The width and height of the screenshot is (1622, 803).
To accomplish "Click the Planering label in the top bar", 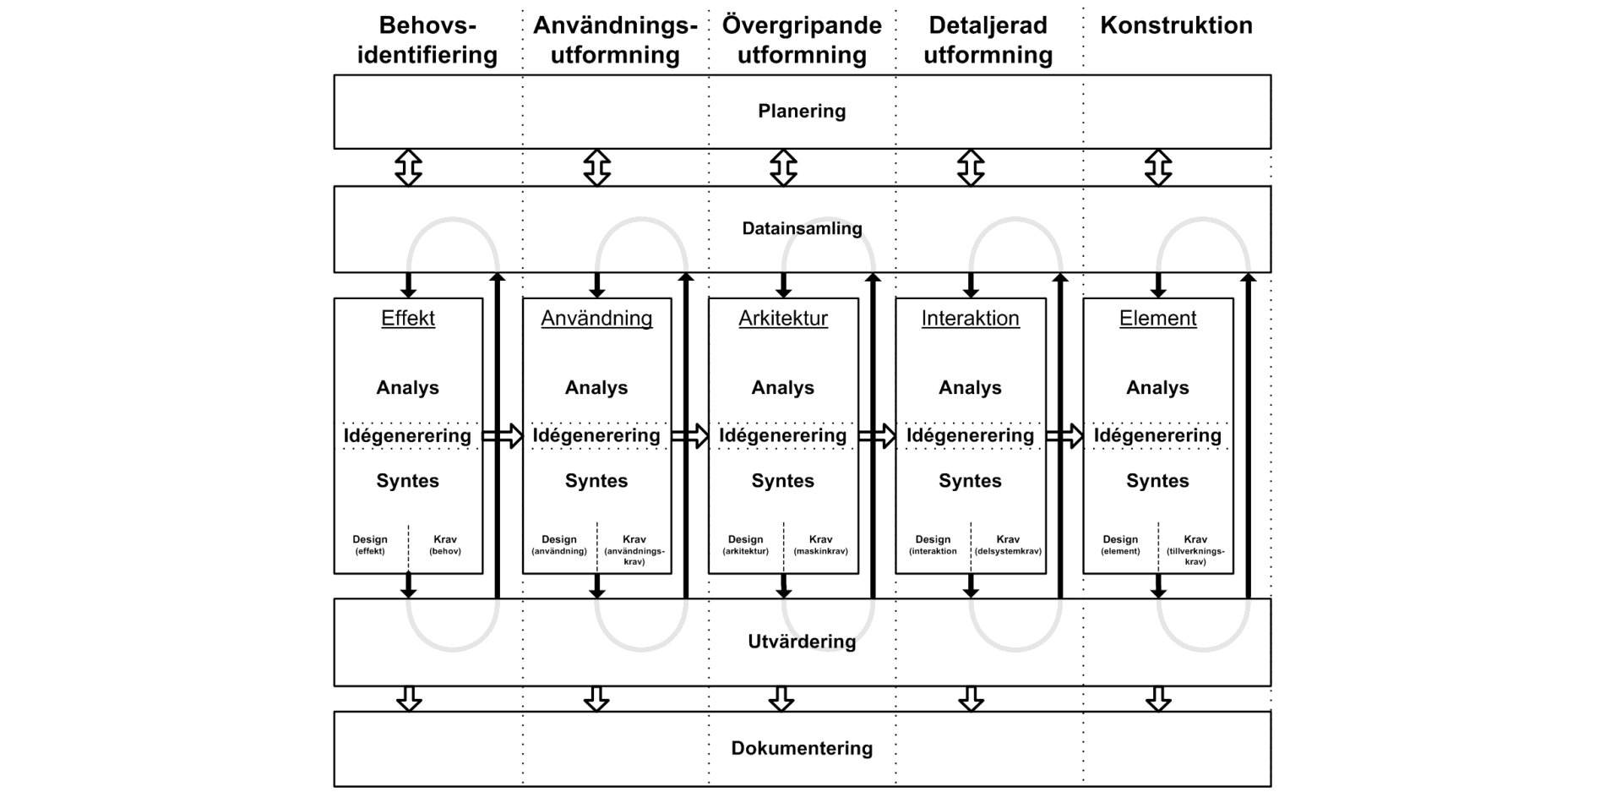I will coord(802,112).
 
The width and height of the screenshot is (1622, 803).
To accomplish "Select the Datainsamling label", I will coord(802,228).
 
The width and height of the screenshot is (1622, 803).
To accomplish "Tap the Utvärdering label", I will coord(802,642).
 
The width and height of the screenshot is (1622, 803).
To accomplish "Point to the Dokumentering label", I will coord(802,748).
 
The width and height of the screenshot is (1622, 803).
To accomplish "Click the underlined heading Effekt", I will coord(408,319).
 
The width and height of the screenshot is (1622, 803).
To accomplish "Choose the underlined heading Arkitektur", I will coord(783,319).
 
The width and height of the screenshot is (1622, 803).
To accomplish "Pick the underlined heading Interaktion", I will coord(970,319).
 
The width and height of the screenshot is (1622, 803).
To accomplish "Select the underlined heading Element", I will coord(1157,319).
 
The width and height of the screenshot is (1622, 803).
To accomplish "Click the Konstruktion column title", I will coord(1176,25).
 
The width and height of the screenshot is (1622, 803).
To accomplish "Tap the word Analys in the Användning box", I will coord(596,388).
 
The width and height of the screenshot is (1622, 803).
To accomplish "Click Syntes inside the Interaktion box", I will coord(970,481).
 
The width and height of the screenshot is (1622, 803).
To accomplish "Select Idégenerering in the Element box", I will coord(1157,435).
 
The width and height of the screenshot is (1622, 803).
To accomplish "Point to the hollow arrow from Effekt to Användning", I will coord(503,436).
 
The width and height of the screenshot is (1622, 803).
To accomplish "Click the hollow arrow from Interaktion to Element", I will coord(1064,436).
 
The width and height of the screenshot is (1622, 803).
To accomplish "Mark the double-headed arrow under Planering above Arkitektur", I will coord(783,167).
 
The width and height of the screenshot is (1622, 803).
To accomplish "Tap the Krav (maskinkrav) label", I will coord(820,545).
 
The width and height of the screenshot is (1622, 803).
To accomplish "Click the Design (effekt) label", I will coord(370,545).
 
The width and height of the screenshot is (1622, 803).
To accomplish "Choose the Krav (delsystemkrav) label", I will coord(1008,545).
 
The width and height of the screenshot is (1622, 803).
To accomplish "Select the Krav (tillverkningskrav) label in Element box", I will coord(1195,549).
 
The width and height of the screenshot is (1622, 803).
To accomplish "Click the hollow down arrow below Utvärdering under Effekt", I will coord(409,699).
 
